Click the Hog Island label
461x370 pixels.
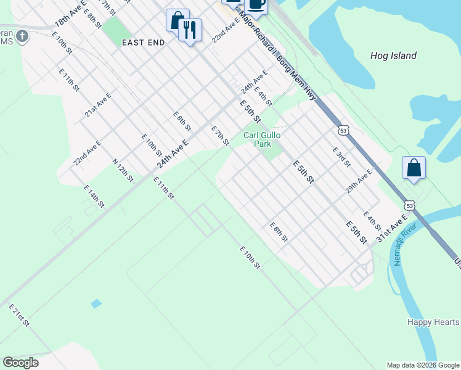pos(393,55)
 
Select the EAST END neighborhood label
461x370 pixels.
pos(143,43)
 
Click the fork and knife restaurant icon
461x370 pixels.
pos(190,30)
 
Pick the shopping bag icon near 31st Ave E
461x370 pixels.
pos(414,168)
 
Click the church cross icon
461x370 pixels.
pos(22,36)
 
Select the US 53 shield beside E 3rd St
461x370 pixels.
pos(343,130)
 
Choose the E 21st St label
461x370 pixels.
pos(19,314)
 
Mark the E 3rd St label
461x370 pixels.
pos(341,157)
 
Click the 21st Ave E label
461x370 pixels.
pos(98,104)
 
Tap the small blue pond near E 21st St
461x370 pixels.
pos(96,303)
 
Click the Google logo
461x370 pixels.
pos(20,363)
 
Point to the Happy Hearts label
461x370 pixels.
pos(433,323)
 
